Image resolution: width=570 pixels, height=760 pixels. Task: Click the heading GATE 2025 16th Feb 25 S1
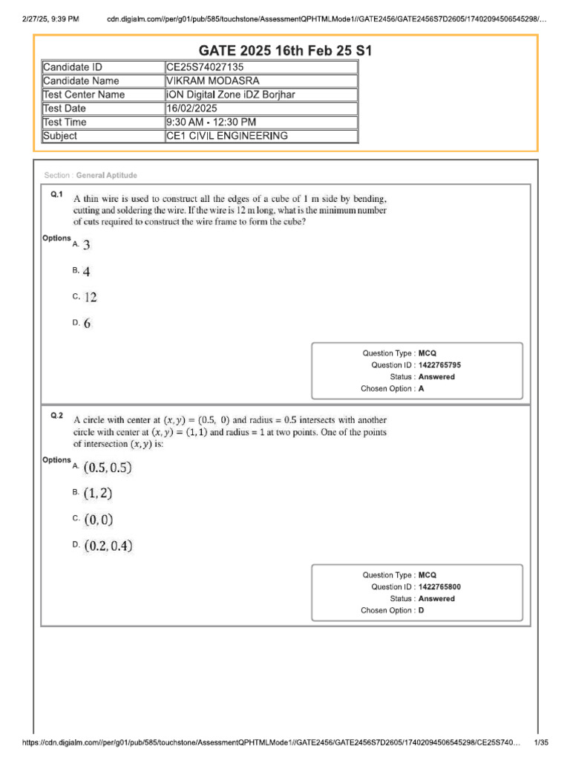tap(285, 50)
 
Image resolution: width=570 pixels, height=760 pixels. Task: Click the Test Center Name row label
tap(84, 95)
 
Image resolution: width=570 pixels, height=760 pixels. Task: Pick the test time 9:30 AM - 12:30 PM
tap(212, 122)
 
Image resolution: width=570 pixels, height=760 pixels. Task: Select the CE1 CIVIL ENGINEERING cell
tap(227, 136)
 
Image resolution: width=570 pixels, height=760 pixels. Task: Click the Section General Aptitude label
tap(91, 175)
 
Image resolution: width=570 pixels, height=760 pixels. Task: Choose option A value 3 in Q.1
tap(87, 245)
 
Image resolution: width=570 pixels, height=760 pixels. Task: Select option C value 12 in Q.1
tap(90, 297)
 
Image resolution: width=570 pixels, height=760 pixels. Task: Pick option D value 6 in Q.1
tap(88, 324)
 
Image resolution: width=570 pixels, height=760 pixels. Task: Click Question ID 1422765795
tap(444, 365)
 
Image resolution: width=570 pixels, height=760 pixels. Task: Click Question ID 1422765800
tap(444, 586)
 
